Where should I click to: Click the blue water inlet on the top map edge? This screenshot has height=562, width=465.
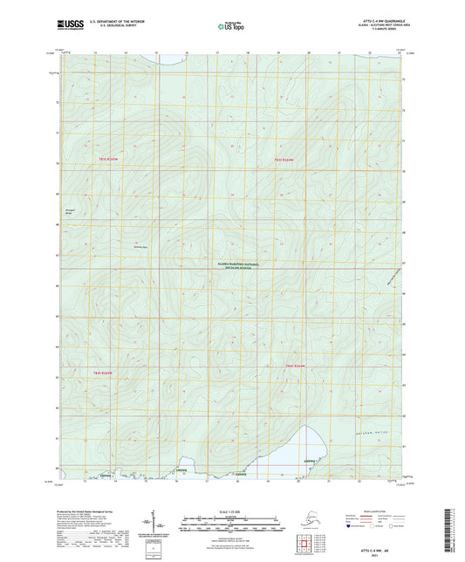tap(170, 59)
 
